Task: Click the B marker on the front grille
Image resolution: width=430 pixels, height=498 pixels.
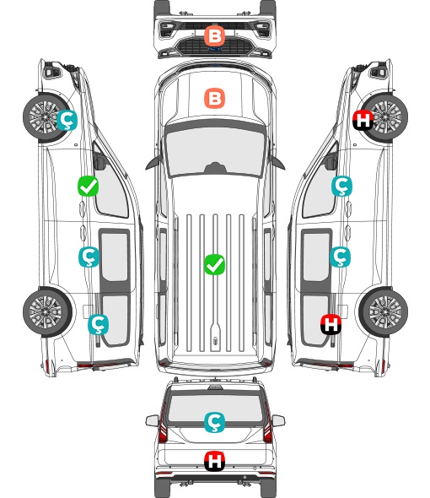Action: (x=214, y=35)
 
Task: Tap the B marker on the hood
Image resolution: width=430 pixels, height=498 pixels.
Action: (x=214, y=98)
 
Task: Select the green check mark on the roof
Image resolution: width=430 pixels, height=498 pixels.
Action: (x=214, y=264)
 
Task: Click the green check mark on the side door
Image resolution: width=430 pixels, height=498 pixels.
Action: (x=88, y=186)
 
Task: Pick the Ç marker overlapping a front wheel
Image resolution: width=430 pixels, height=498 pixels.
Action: (x=67, y=120)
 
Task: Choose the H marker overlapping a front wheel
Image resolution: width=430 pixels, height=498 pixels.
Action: (x=363, y=120)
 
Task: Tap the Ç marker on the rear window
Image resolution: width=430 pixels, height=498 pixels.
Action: (x=214, y=422)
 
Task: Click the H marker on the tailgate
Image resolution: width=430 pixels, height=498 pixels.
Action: (x=214, y=461)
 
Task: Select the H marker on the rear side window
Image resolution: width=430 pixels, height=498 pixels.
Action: (x=331, y=324)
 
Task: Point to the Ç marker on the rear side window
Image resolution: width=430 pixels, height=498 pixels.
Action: (x=98, y=324)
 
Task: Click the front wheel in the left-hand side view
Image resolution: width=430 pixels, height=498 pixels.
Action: (x=46, y=117)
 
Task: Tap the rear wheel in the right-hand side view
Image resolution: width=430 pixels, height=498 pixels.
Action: (x=384, y=312)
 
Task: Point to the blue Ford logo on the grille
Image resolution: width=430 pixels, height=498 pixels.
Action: (x=215, y=49)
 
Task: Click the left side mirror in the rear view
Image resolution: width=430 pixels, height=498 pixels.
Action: (x=152, y=420)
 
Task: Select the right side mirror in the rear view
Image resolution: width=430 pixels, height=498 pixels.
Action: (x=278, y=420)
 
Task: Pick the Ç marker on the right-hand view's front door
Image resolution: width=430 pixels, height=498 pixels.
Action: (x=341, y=186)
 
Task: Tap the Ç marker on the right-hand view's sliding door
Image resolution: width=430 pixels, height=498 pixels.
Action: (x=340, y=257)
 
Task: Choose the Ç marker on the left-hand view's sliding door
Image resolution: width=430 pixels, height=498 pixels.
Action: (x=89, y=257)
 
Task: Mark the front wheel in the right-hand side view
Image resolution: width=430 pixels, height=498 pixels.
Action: (x=384, y=117)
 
